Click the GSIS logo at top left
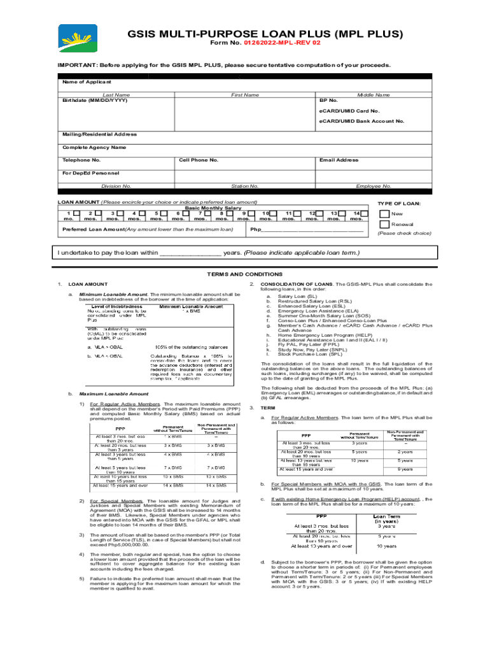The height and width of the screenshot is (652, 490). (x=78, y=38)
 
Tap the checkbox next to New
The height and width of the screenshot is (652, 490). (x=384, y=213)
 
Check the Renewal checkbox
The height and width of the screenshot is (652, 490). (x=384, y=224)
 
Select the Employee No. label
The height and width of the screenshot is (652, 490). (x=374, y=186)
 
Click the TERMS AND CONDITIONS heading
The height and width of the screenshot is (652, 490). (x=244, y=274)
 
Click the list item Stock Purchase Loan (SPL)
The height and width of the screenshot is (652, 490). (x=305, y=354)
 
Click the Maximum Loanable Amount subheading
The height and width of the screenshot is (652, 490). (x=105, y=394)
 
